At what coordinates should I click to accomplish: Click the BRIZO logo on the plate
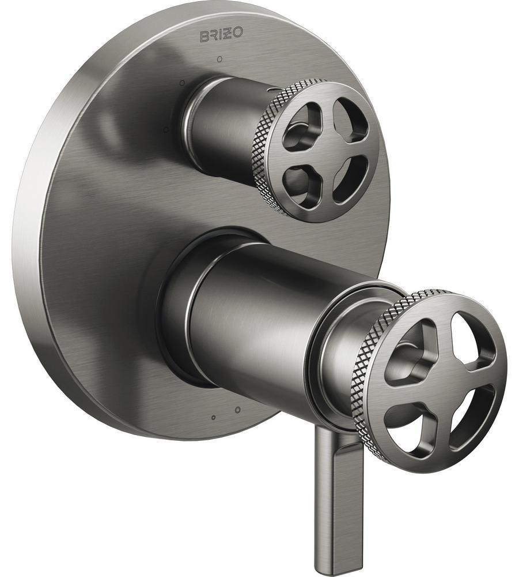221,36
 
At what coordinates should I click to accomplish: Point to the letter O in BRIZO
238,35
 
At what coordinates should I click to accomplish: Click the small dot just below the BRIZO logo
219,59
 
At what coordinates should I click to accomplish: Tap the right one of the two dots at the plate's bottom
237,411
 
